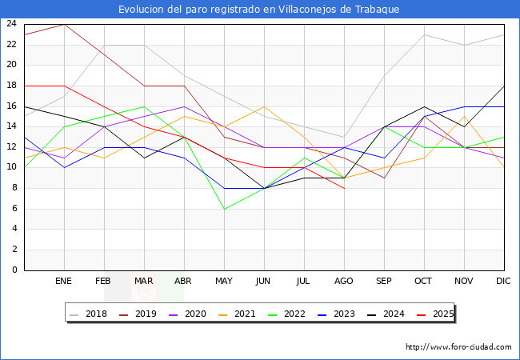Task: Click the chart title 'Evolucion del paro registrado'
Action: (259, 9)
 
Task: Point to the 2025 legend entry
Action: (441, 314)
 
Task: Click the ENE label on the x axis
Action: (64, 282)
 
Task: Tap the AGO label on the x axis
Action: (344, 282)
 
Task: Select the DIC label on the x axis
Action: (504, 282)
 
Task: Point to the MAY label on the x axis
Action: (224, 282)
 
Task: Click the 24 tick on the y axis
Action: (11, 24)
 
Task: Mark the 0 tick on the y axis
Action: (14, 270)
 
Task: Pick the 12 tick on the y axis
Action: (11, 147)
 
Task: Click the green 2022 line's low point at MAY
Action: (224, 209)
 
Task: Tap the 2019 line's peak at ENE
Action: (64, 24)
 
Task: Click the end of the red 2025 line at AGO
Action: (344, 188)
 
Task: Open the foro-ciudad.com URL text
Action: (458, 347)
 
